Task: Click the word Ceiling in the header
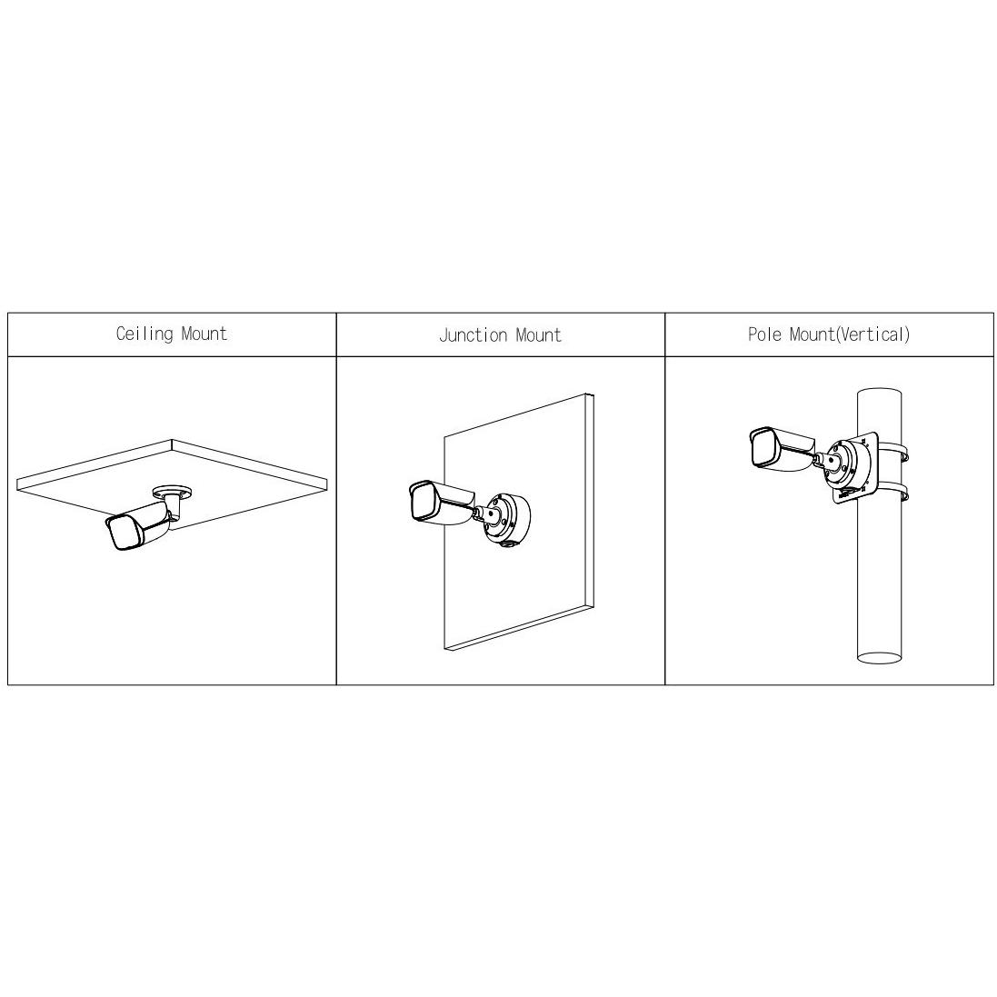click(x=145, y=334)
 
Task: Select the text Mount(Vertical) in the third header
click(x=850, y=334)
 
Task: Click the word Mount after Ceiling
click(x=204, y=334)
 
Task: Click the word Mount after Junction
click(x=538, y=335)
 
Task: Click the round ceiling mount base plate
click(x=172, y=492)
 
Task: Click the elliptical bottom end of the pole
click(x=880, y=657)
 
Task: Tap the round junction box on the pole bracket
click(x=851, y=467)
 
